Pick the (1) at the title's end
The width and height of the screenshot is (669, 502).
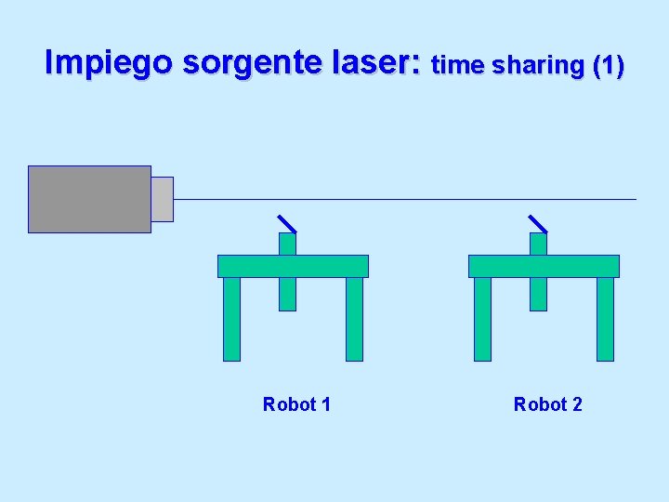[x=608, y=65]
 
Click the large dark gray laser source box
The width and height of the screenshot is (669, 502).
[x=89, y=199]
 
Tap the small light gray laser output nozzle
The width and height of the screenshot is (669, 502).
[x=162, y=199]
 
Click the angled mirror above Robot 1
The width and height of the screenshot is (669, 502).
[x=287, y=223]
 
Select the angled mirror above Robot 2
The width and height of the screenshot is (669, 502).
[x=538, y=223]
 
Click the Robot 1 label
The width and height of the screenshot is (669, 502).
[x=296, y=404]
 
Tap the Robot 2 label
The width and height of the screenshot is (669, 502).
[x=547, y=404]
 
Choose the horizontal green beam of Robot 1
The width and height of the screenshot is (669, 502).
[x=293, y=266]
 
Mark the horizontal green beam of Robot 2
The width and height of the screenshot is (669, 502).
[x=544, y=266]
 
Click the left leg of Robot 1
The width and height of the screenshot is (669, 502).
[x=231, y=319]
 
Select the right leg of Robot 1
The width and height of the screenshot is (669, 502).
[x=354, y=319]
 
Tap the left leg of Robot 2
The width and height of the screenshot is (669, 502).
[x=482, y=319]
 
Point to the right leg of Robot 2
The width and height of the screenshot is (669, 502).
[x=605, y=319]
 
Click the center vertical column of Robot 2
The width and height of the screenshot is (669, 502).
[x=538, y=294]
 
